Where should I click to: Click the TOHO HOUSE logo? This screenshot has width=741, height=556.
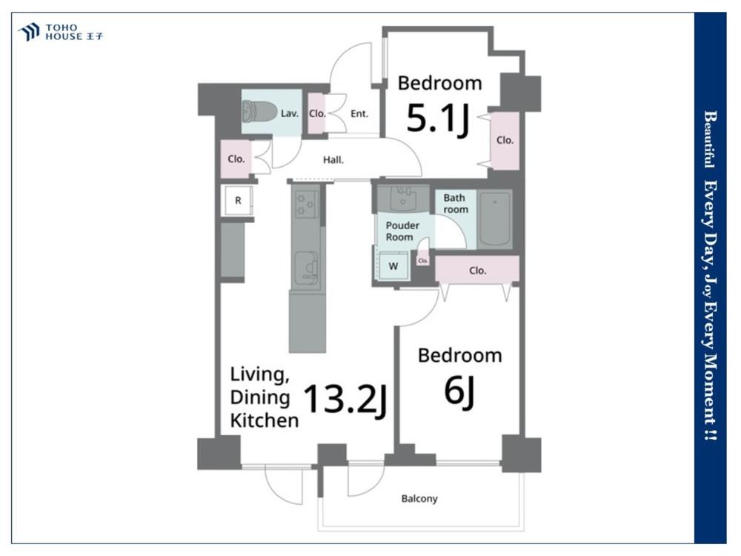click(60, 32)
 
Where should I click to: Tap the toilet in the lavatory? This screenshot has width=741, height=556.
click(259, 112)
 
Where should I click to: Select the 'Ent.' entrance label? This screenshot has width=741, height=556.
click(359, 113)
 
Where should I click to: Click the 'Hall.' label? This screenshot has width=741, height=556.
click(333, 160)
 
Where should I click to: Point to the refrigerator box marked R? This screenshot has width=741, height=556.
click(238, 200)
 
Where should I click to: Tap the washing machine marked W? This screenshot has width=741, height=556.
click(393, 266)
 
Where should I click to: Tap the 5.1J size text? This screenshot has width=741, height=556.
click(438, 119)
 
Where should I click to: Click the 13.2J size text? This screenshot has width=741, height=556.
click(345, 400)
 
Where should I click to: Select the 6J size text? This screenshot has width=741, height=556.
click(459, 391)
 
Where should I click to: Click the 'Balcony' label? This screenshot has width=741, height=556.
click(419, 498)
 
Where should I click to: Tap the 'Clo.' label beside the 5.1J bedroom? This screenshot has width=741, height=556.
click(505, 140)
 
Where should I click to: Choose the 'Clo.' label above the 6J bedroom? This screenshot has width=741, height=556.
click(478, 271)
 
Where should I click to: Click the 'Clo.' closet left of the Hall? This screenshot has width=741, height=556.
click(236, 159)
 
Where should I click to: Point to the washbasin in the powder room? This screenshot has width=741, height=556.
click(404, 199)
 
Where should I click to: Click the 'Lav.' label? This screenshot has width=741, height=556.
click(289, 113)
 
